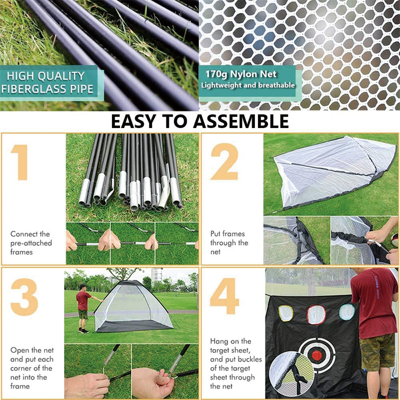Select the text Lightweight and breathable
coord(247,85)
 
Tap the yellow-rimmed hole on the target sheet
coord(285,313)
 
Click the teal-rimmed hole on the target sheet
coord(346,312)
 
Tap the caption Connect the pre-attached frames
coord(30,243)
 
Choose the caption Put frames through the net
coord(229,243)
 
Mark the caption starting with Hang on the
coord(232,363)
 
